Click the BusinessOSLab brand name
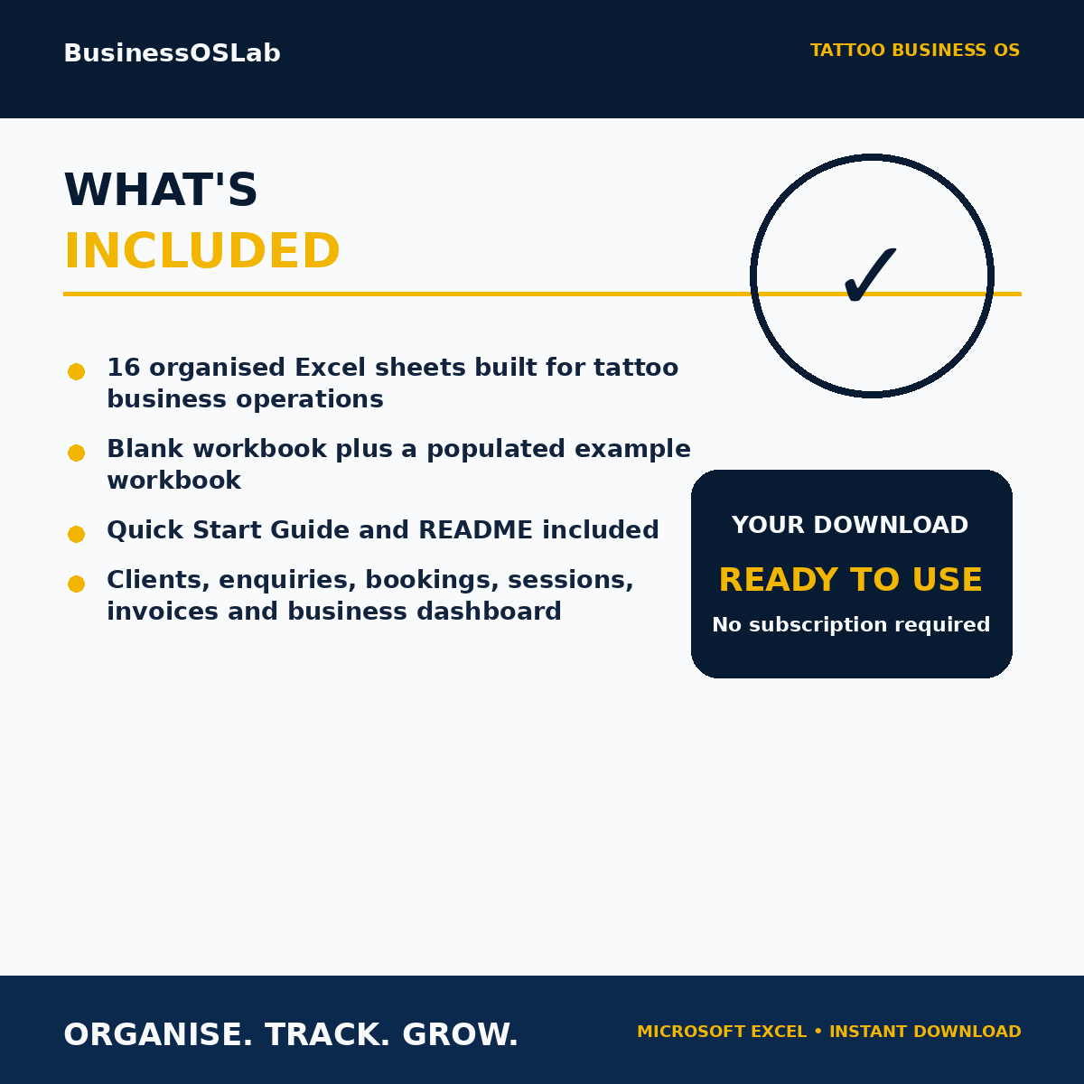coord(173,53)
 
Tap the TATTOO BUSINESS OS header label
coord(915,50)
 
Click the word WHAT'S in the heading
coord(161,190)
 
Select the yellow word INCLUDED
coord(202,251)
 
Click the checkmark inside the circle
coord(870,276)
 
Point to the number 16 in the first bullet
coord(123,368)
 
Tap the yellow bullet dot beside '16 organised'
coord(76,371)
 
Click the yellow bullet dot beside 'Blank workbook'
coord(76,453)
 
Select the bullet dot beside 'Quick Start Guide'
coord(76,534)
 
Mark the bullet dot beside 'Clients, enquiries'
coord(76,584)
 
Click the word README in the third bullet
coord(475,530)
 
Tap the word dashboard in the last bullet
coord(489,611)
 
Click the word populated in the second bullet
coord(496,450)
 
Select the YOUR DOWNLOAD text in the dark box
coord(850,525)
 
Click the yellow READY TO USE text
coord(851,579)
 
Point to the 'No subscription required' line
coord(851,624)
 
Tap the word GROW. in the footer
coord(460,1034)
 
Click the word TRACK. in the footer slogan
coord(327,1034)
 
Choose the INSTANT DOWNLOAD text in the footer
coord(925,1032)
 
